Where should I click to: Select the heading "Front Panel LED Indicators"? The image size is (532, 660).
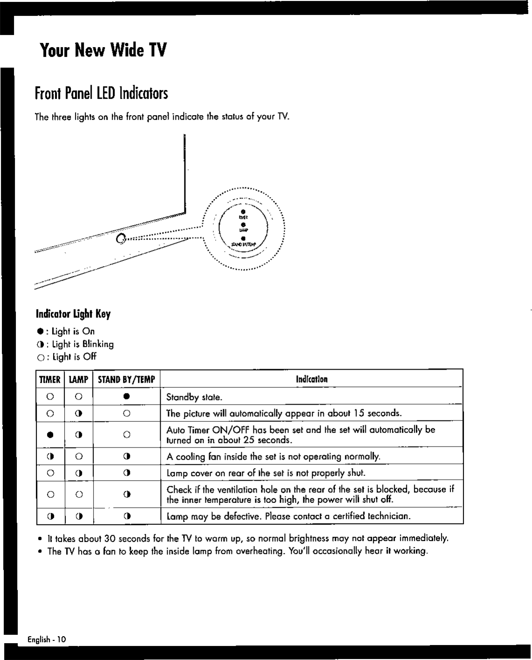101,93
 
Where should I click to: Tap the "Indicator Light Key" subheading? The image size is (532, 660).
73,314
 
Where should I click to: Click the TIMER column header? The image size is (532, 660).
50,379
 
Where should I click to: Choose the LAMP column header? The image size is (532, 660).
78,379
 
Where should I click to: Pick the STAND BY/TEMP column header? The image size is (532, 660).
126,379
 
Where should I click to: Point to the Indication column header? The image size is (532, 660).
312,379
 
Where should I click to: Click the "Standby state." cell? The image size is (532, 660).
194,398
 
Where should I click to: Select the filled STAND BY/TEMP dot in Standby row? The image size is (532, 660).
126,397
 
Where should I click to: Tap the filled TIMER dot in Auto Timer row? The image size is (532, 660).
50,435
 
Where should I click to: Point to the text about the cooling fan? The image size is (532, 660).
273,456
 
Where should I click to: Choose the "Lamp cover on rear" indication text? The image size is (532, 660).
266,473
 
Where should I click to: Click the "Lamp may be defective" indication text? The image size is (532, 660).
288,516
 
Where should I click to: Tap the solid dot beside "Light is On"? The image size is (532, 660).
42,331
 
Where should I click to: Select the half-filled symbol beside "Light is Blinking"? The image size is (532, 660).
41,344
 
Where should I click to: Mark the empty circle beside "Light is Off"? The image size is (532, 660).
42,357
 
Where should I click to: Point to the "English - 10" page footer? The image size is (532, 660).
47,639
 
